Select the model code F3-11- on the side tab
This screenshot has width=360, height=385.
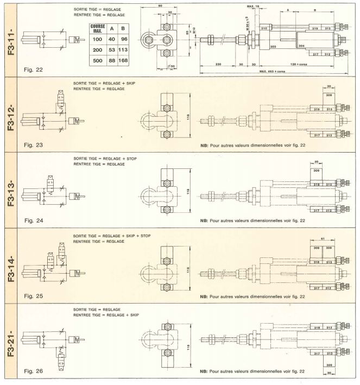pos(10,39)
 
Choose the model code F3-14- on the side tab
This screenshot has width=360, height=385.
pos(10,264)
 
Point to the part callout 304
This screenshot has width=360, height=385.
pos(301,46)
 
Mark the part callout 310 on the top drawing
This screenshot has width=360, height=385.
pos(264,27)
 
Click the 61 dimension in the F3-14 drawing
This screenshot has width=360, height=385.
pos(323,239)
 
